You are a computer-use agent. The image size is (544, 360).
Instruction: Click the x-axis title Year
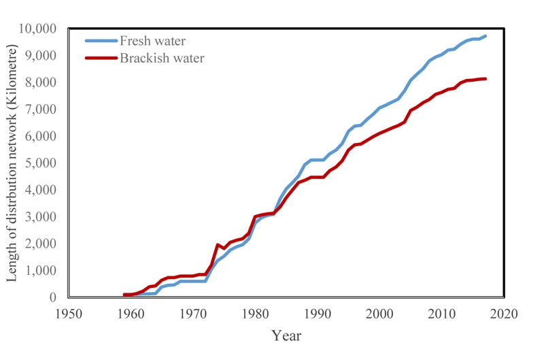tap(286, 335)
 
